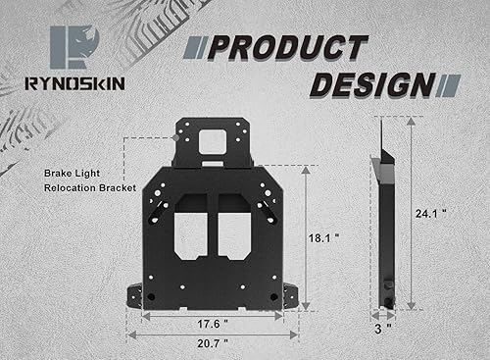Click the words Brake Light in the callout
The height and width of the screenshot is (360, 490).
(70, 171)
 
